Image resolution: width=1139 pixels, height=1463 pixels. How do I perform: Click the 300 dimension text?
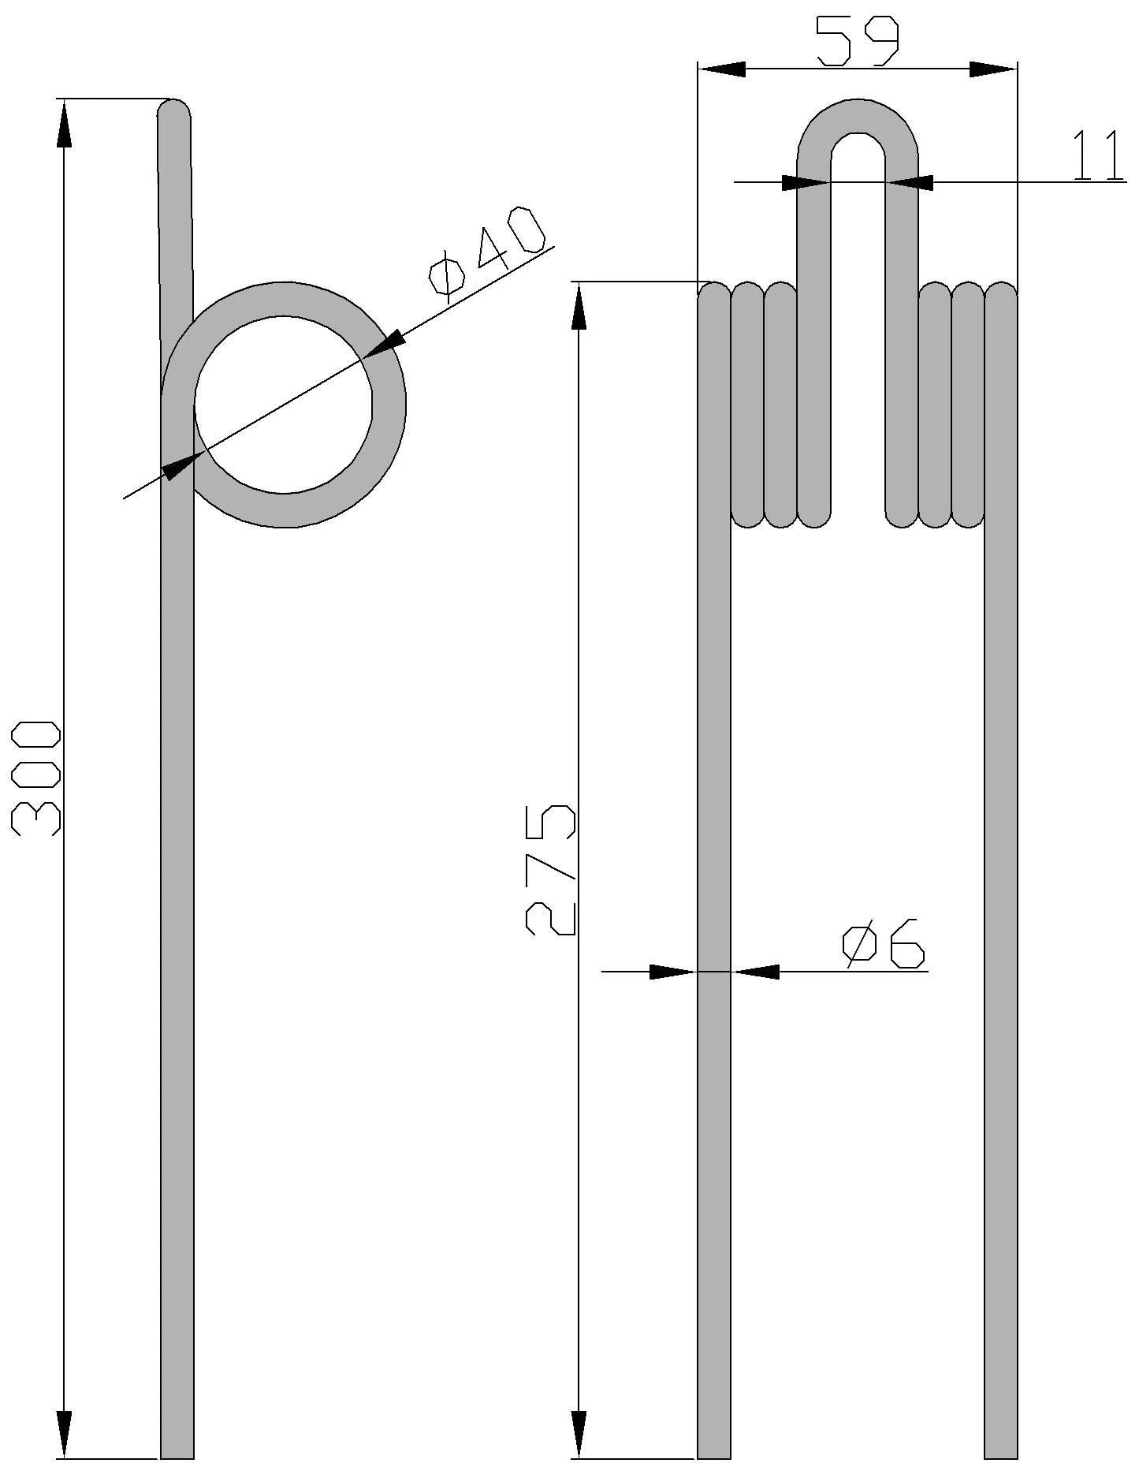36,777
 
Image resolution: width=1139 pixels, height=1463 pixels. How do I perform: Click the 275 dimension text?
550,870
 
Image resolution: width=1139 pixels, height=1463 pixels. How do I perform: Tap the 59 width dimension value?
857,41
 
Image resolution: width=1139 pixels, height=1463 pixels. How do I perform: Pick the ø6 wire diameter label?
883,942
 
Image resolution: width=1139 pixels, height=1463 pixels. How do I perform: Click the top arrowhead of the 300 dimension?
65,123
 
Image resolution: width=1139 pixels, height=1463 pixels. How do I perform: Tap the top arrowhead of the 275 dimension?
579,305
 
